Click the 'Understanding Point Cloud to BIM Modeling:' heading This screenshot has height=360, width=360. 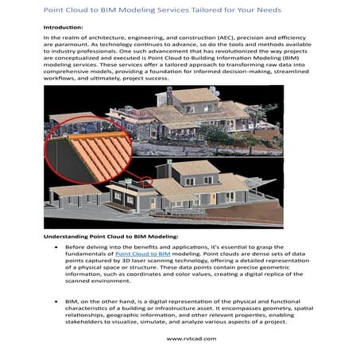[x=110, y=237]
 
